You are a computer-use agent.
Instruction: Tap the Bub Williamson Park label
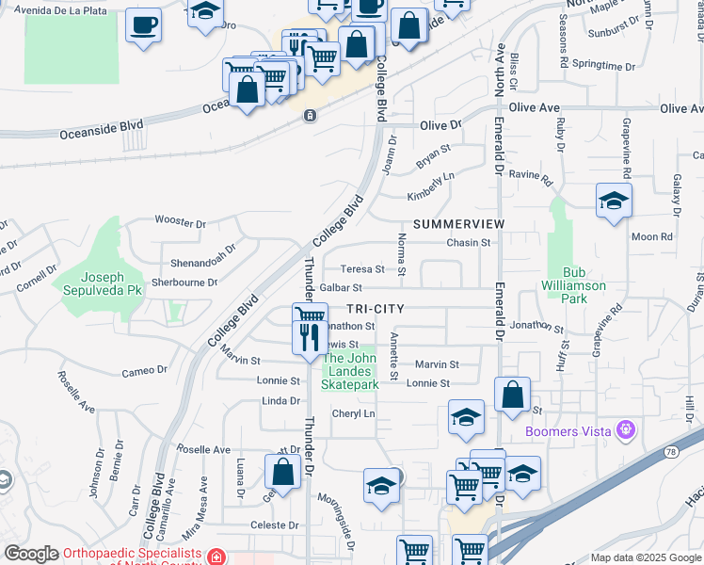tap(574, 291)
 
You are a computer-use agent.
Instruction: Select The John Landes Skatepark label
tap(350, 371)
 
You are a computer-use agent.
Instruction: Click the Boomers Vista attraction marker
tap(625, 431)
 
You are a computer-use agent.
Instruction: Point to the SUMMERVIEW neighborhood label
tap(458, 224)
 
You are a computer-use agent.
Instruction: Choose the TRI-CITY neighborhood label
tap(375, 309)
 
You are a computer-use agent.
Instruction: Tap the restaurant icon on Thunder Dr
tap(310, 336)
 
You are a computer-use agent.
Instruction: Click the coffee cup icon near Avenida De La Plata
tap(144, 25)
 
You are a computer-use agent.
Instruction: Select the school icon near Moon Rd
tap(614, 200)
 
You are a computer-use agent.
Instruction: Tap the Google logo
tap(31, 554)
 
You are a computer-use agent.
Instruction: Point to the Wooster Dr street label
tap(180, 223)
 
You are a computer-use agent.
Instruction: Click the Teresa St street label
tap(362, 269)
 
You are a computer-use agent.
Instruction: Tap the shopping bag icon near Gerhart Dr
tap(282, 473)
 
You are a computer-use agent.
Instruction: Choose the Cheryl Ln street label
tap(353, 414)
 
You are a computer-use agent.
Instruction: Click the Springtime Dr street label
tap(603, 65)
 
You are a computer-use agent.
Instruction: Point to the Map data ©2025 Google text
tap(647, 557)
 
